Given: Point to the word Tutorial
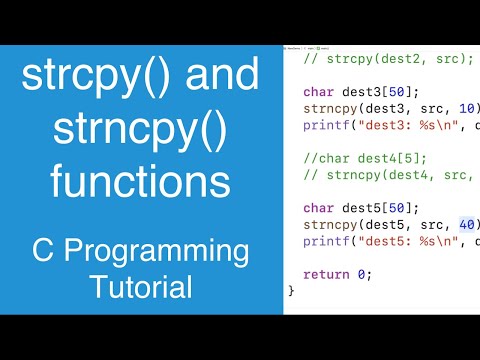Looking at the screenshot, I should pos(140,289).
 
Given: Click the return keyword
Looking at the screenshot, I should pos(327,273).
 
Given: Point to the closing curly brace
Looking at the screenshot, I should pos(291,290).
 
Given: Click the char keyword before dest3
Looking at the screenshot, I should pos(319,92).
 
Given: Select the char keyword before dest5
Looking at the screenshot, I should pos(319,207).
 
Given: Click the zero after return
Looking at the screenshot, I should pos(361,273).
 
